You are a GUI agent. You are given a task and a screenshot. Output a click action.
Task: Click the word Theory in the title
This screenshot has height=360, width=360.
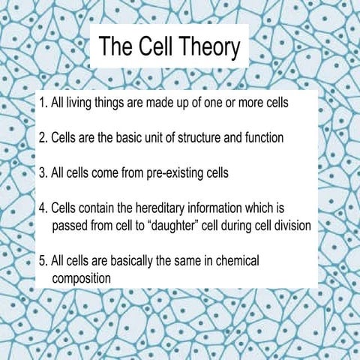coord(205,47)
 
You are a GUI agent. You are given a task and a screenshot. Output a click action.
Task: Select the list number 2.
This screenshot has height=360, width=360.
coord(42,138)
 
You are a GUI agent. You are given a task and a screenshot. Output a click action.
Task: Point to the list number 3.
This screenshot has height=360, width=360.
coord(42,172)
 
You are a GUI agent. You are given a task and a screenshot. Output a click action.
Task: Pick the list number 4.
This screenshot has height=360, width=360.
coord(42,208)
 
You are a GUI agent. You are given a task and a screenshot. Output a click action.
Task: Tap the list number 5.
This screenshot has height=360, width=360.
coord(42,262)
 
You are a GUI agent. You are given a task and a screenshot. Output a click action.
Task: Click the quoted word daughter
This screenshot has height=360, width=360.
coord(186,224)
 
